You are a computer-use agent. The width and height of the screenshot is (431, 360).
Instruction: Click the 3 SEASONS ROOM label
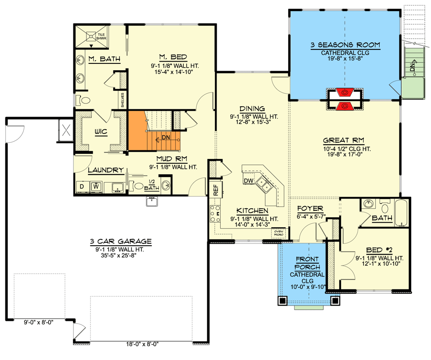pos(345,45)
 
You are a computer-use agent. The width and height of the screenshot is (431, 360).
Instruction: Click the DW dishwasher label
pos(248,180)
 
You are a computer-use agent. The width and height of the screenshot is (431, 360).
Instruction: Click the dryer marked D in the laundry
pos(82,186)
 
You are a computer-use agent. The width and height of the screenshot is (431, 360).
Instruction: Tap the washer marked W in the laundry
pos(96,186)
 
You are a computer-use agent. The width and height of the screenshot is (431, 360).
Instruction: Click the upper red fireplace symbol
pos(345,93)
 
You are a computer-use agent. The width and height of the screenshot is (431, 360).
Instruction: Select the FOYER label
pos(311,209)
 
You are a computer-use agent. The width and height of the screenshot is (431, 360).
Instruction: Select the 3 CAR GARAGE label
pos(120,241)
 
